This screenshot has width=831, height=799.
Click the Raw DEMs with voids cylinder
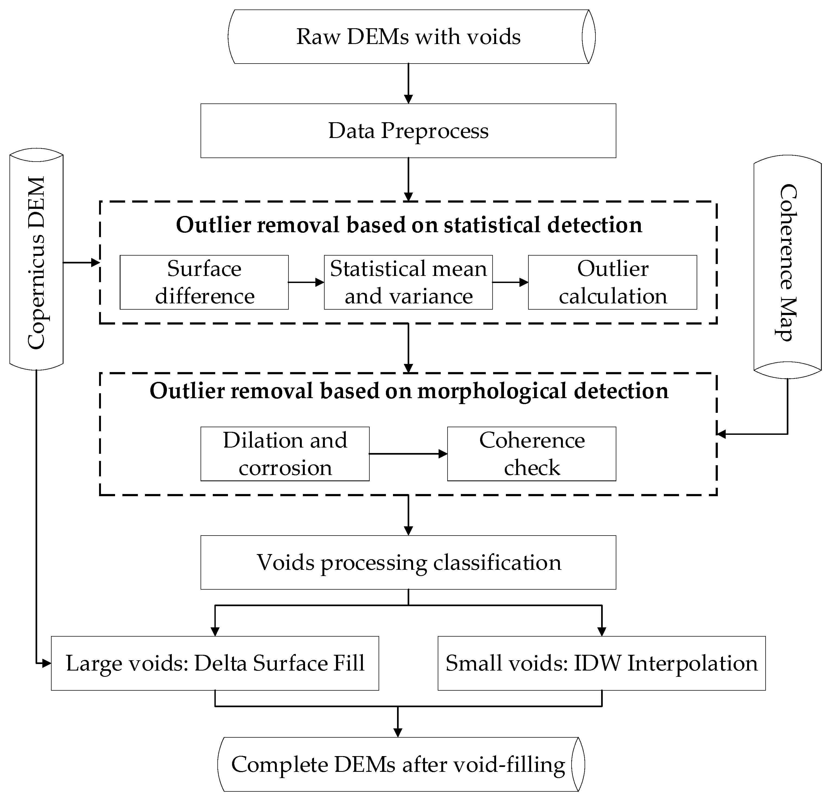408,37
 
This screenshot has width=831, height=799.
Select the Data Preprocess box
408,131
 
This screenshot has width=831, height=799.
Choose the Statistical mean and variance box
408,282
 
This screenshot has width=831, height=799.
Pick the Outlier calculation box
612,282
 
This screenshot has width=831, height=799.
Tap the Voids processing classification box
408,562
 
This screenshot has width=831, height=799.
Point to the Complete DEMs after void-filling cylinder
399,764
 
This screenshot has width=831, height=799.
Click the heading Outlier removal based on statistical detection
409,225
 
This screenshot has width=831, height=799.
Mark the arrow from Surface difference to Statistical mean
306,282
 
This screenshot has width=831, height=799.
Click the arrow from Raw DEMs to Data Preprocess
408,84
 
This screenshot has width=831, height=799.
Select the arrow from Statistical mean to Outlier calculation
510,282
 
